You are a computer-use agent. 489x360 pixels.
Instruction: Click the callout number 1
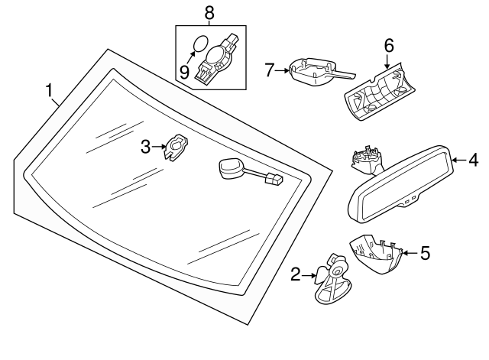point(50,92)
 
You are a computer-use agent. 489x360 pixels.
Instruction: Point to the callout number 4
point(473,161)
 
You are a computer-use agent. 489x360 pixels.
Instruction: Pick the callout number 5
point(425,251)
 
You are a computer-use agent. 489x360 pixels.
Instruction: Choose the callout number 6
point(388,46)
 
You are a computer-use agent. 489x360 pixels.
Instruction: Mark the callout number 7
point(269,71)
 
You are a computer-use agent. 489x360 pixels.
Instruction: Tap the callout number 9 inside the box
point(184,72)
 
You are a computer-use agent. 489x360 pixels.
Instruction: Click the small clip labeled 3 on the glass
point(178,145)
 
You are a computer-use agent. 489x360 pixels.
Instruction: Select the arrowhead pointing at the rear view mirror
point(455,161)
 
